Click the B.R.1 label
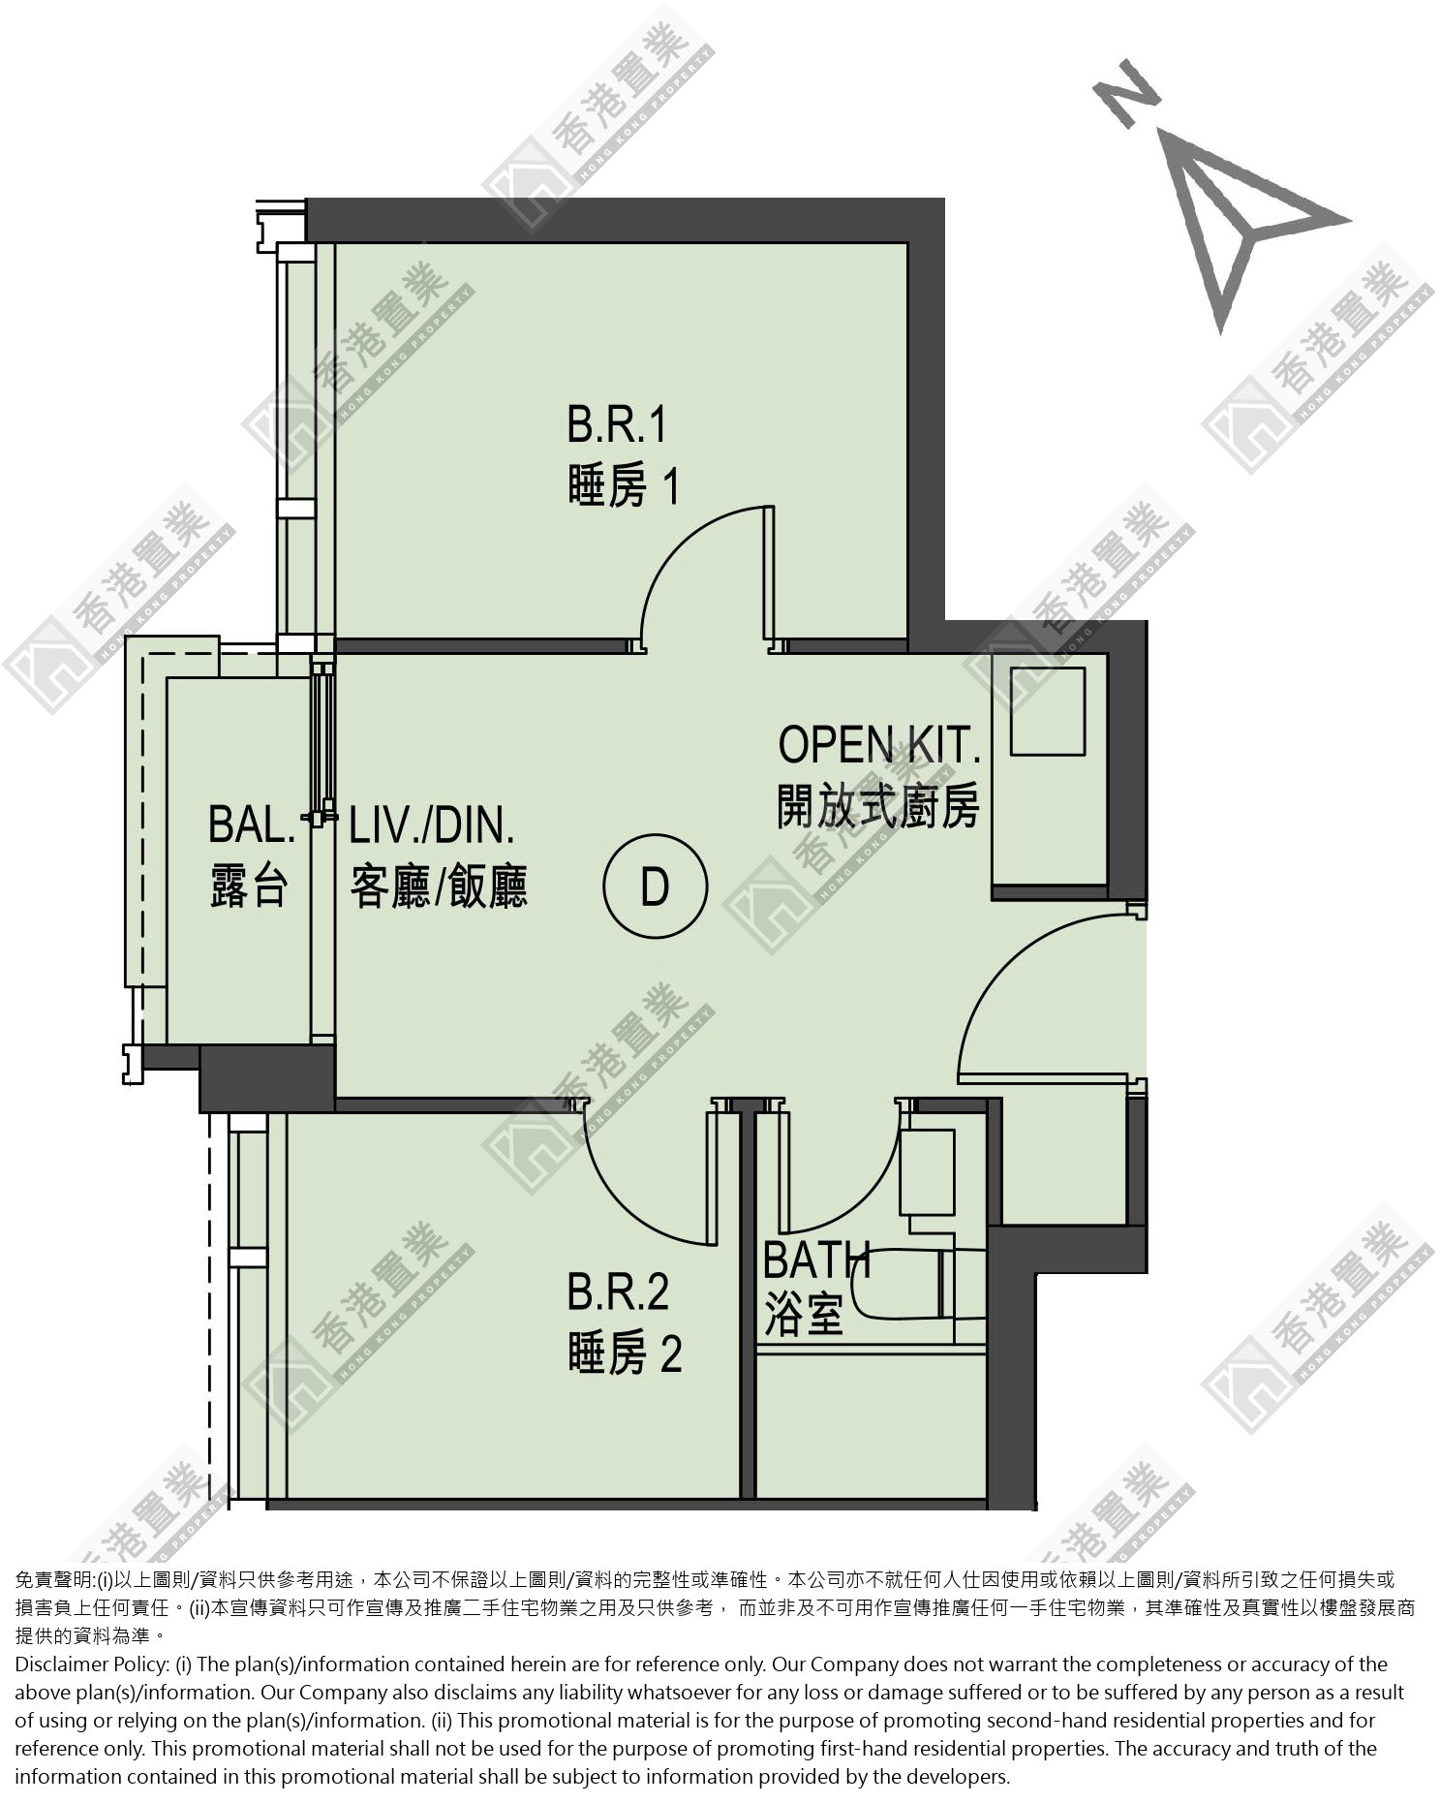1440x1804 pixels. click(x=617, y=425)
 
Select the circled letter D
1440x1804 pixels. click(x=656, y=886)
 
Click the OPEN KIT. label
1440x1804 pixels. click(x=879, y=744)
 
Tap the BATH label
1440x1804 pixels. click(x=816, y=1260)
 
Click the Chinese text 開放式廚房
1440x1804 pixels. click(x=878, y=806)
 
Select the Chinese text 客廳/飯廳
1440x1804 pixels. click(x=439, y=886)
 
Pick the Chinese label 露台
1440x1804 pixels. click(x=249, y=886)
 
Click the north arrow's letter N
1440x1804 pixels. click(x=1127, y=91)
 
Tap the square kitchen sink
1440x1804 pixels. click(x=1048, y=711)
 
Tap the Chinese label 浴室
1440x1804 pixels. click(x=803, y=1315)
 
